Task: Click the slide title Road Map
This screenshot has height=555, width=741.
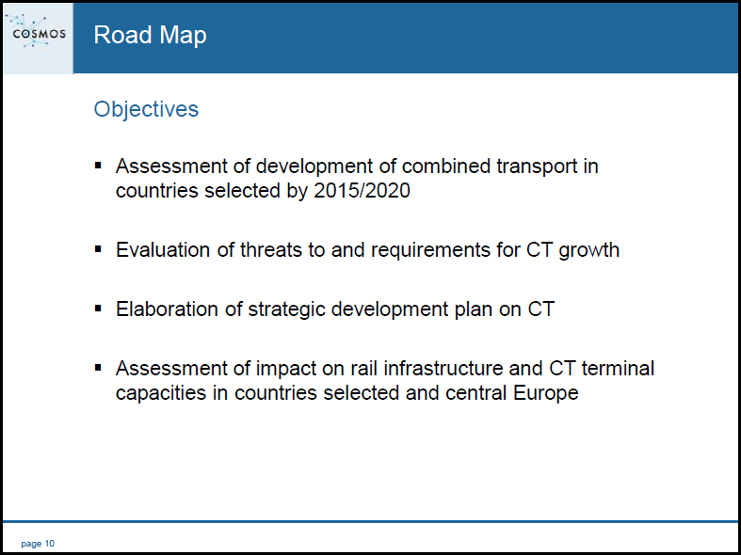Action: [x=151, y=36]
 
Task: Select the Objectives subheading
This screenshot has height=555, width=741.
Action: [x=146, y=109]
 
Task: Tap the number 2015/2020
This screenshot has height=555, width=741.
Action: [x=362, y=191]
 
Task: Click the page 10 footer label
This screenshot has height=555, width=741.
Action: [x=38, y=544]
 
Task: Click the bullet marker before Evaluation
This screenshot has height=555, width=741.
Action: [x=98, y=249]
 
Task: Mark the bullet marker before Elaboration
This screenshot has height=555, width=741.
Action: [x=98, y=309]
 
